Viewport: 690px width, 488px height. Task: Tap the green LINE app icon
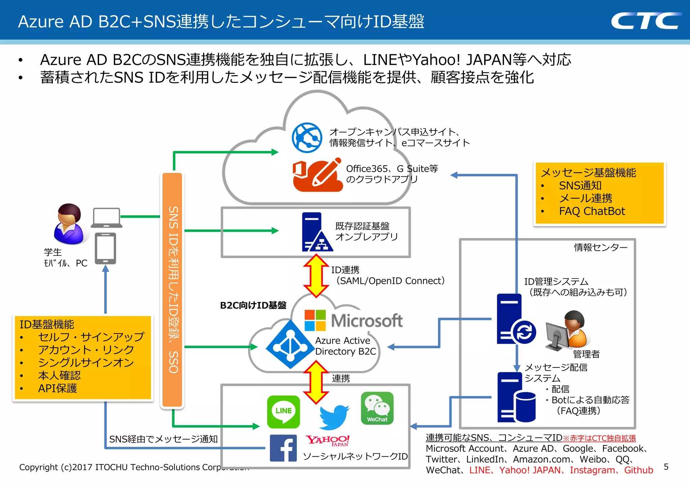[x=283, y=411]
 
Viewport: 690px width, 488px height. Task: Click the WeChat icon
[x=377, y=408]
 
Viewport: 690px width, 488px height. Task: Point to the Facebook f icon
[x=283, y=448]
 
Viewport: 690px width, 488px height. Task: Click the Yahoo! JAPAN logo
[x=327, y=440]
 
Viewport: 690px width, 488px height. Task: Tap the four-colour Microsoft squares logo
[x=315, y=320]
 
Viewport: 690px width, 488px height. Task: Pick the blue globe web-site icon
[x=307, y=138]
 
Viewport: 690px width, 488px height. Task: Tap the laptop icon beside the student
[x=106, y=217]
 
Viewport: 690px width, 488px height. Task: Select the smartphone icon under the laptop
[x=105, y=248]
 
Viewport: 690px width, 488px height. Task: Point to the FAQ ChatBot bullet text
[x=592, y=211]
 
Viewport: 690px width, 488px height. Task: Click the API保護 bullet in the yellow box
[x=57, y=388]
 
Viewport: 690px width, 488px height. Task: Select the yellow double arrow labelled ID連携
[x=316, y=276]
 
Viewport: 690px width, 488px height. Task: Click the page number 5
[x=666, y=467]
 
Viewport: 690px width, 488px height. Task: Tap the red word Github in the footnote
[x=638, y=470]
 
